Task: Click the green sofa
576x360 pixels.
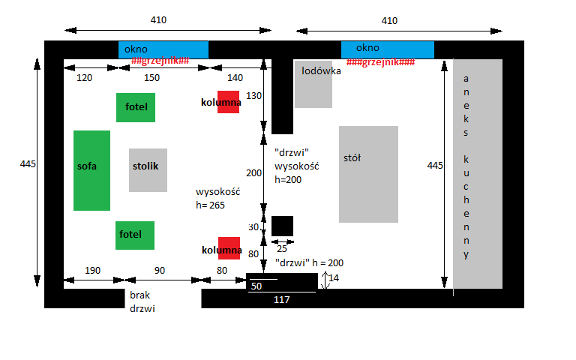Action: (91, 170)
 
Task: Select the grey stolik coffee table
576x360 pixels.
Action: (148, 170)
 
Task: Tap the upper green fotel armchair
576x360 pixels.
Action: (136, 108)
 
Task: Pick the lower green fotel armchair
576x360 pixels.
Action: (135, 235)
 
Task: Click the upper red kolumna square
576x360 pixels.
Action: (228, 102)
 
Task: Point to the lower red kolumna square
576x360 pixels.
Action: (229, 248)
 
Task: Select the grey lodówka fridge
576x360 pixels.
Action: (313, 84)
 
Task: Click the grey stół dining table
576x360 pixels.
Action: (368, 174)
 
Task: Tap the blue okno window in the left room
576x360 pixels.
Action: (163, 49)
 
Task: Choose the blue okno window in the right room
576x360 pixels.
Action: (388, 49)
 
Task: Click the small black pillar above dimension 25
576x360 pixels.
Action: (282, 226)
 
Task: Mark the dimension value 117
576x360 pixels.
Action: (282, 300)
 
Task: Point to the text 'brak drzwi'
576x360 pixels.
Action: (142, 301)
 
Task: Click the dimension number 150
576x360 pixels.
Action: (151, 78)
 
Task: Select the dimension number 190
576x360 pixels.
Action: (92, 271)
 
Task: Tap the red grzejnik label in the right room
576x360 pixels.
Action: (380, 62)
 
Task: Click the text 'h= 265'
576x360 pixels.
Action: (210, 205)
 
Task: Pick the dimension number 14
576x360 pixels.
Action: (334, 278)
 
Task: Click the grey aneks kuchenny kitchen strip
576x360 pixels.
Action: (478, 174)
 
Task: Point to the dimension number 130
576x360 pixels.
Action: (253, 96)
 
